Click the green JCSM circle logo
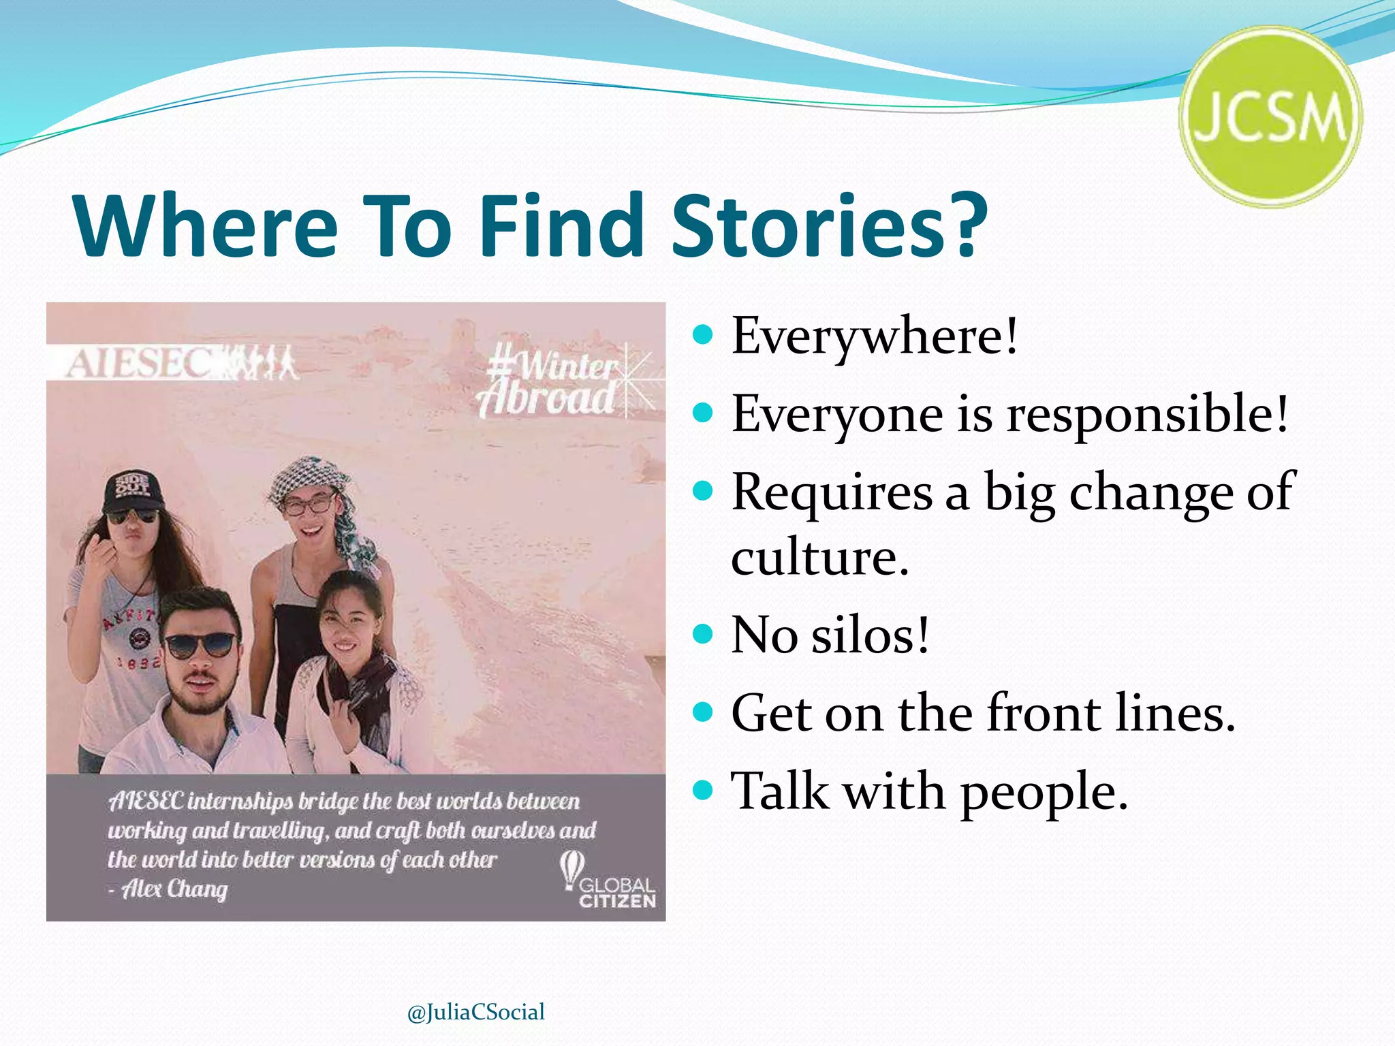[x=1270, y=117]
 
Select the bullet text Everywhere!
[x=875, y=336]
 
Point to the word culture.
[x=820, y=557]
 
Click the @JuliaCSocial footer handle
[x=475, y=1012]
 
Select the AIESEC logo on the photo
[x=181, y=362]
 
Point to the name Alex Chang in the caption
[x=174, y=889]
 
